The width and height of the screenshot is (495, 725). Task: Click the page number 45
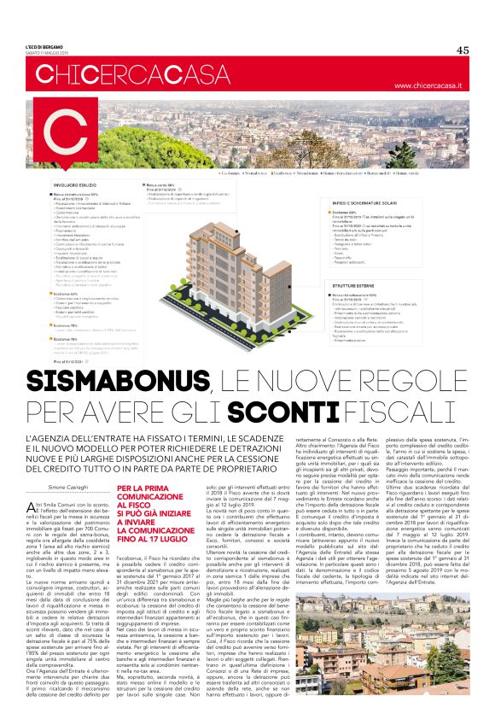coord(462,50)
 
